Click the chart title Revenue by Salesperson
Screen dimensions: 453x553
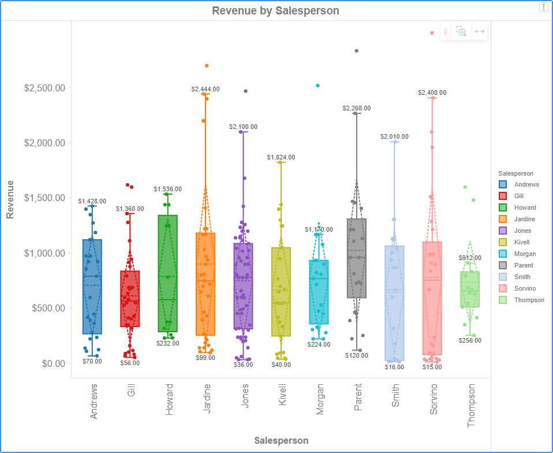tap(275, 10)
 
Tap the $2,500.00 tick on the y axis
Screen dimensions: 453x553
tap(44, 88)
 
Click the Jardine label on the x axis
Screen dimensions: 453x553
tap(207, 398)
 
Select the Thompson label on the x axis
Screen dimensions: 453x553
tap(471, 406)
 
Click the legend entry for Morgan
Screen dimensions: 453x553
tap(525, 254)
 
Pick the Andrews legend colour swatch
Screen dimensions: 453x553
tap(503, 184)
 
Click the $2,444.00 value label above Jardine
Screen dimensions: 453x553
tap(205, 90)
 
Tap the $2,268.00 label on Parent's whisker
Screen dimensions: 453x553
tap(357, 108)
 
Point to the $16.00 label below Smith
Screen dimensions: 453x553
tap(395, 366)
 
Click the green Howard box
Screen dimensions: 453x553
tap(168, 273)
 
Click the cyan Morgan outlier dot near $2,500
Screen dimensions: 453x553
tap(317, 86)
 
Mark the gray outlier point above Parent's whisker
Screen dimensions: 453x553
tap(357, 51)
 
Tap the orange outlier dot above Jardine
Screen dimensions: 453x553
tap(207, 66)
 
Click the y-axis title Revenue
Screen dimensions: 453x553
tap(10, 199)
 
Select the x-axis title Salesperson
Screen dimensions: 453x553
tap(281, 440)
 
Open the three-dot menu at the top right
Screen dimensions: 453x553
tap(543, 7)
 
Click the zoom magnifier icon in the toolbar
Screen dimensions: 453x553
tap(461, 31)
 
